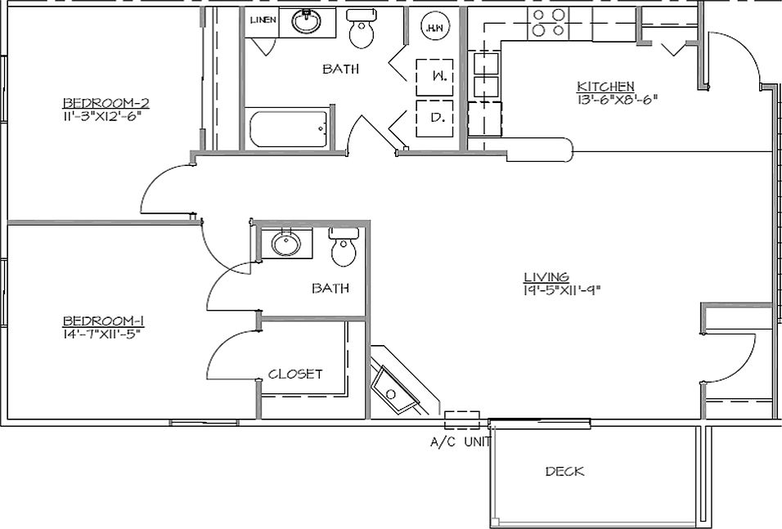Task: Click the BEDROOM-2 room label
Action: coord(106,103)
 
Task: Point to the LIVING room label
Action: coord(546,277)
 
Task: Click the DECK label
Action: coord(564,472)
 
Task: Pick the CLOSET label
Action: coord(295,374)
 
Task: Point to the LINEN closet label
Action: coord(262,20)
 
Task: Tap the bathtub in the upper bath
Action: coord(288,128)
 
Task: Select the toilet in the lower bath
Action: coord(344,249)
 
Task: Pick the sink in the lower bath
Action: coord(285,244)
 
